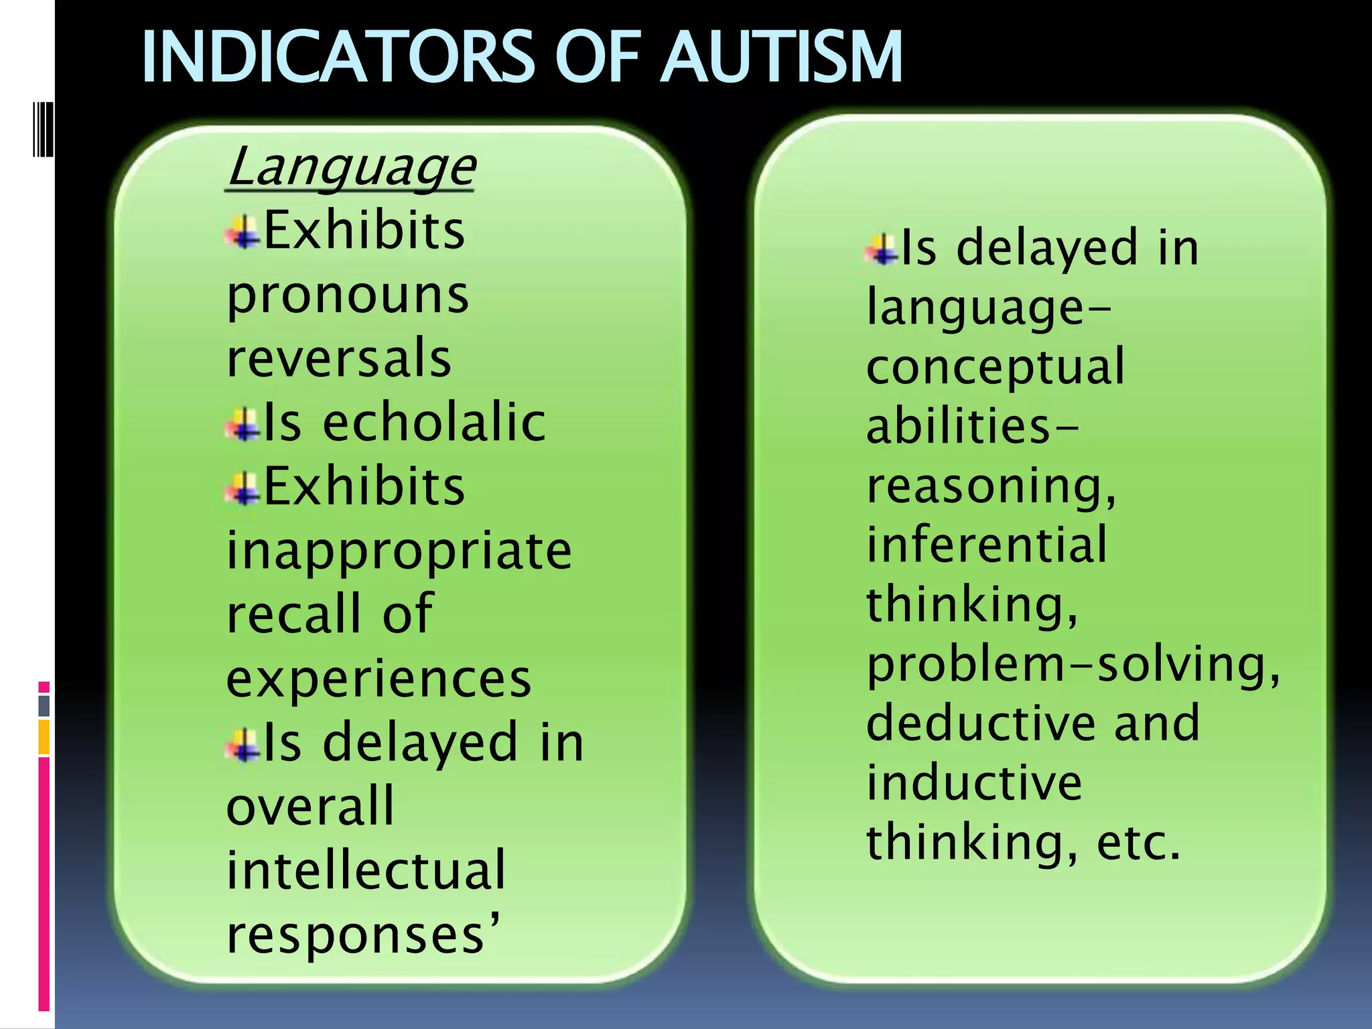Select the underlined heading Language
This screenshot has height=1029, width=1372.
pos(350,167)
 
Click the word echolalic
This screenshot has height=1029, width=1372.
pos(434,423)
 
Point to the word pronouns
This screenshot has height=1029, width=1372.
pos(348,295)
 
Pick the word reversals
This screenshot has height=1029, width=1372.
pos(339,358)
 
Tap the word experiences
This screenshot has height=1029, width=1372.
pos(379,679)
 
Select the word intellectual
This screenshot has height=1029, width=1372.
pos(366,871)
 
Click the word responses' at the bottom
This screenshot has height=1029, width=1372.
pos(362,935)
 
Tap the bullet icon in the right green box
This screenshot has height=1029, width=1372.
pos(882,249)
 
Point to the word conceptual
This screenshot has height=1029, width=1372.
pos(996,367)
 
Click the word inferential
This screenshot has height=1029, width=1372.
pos(987,545)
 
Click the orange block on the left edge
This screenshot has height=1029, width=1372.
pos(44,737)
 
